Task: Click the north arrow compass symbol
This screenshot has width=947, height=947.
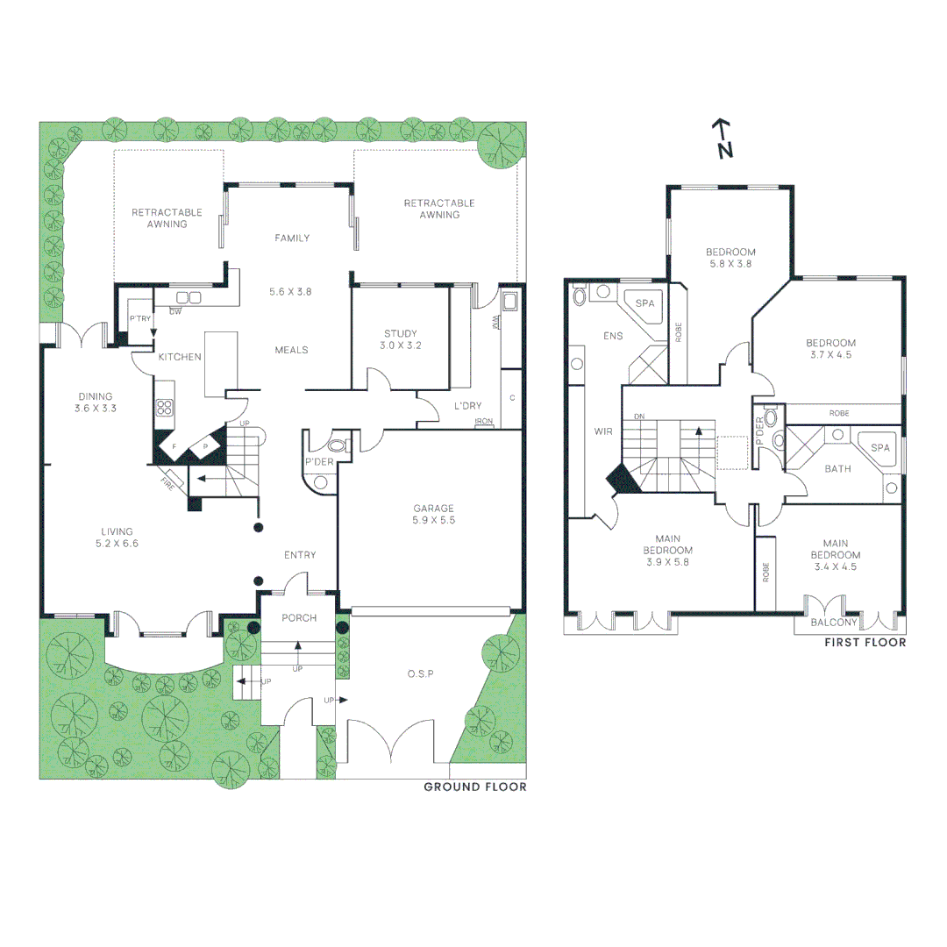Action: click(x=723, y=139)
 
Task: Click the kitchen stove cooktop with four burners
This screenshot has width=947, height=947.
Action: click(x=164, y=407)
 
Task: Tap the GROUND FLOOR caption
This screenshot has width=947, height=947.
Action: click(x=475, y=787)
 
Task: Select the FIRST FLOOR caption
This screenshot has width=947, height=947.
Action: click(x=865, y=643)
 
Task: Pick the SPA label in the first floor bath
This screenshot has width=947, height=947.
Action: click(x=880, y=447)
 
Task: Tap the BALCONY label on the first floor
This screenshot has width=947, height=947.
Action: click(x=834, y=623)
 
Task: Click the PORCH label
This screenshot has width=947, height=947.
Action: click(x=298, y=618)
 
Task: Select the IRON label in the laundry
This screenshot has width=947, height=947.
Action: click(x=482, y=422)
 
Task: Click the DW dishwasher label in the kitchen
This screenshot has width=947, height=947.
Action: click(x=175, y=311)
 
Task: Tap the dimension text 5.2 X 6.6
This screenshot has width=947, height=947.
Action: click(x=117, y=544)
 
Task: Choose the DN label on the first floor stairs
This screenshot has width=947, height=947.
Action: click(x=639, y=417)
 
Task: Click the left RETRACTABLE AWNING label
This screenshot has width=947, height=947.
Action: click(x=167, y=217)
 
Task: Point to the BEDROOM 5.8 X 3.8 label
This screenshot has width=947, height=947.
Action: click(x=730, y=257)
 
